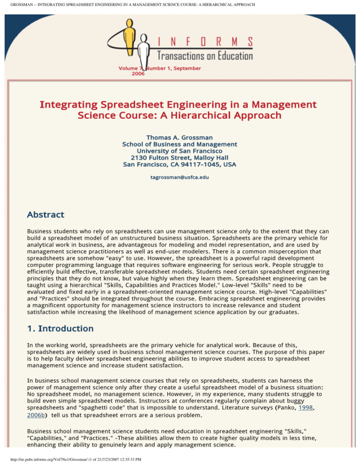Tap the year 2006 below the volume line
tap(138, 74)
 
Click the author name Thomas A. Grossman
tap(180, 137)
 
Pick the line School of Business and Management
tap(180, 144)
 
